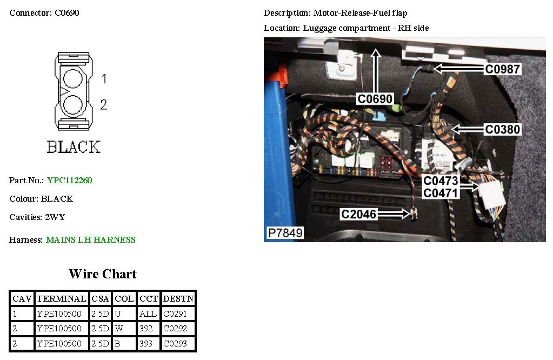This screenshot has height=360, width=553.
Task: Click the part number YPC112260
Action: tap(69, 181)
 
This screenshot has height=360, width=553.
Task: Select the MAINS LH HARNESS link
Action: tap(90, 240)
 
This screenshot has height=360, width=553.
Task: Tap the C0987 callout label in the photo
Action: tap(502, 69)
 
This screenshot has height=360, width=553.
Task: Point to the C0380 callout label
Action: tap(502, 129)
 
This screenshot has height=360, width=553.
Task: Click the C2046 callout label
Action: tap(358, 214)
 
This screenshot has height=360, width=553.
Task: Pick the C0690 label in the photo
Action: tap(375, 98)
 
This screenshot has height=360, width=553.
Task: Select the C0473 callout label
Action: tap(440, 181)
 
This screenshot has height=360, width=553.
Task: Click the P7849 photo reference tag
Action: tap(285, 233)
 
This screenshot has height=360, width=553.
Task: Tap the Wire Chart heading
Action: tap(103, 274)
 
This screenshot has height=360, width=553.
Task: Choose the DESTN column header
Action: tap(178, 298)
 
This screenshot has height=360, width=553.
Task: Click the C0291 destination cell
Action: tap(178, 314)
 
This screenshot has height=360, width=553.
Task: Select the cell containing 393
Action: tap(148, 344)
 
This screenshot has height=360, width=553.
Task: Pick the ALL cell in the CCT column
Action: tap(148, 314)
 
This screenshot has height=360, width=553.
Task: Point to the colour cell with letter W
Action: tap(124, 329)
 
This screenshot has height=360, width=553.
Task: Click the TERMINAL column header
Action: tap(62, 298)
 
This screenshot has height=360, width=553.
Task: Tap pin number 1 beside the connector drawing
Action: tap(104, 79)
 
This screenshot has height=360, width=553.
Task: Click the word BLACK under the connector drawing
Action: tap(74, 147)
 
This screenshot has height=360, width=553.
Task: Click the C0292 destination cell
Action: tap(178, 329)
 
